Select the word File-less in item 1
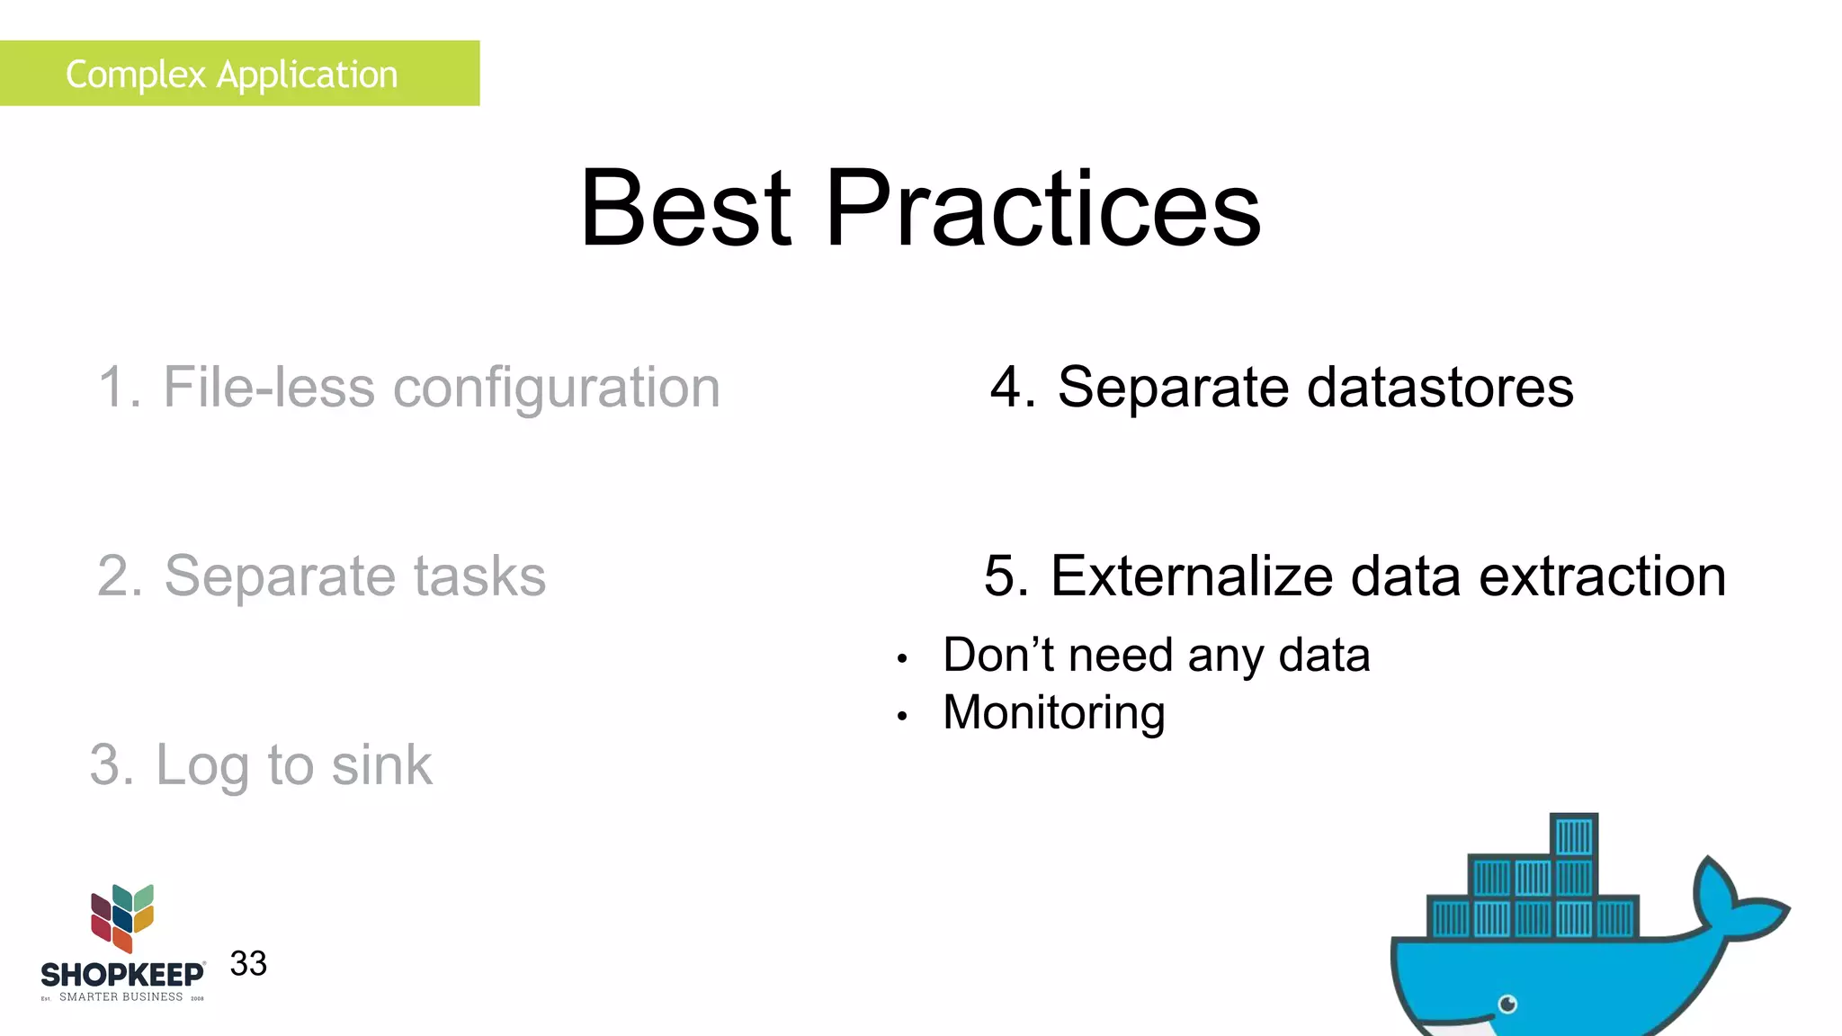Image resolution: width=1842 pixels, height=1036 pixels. [x=268, y=388]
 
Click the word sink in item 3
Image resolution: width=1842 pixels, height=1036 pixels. [x=381, y=765]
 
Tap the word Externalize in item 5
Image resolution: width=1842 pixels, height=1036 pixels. [x=1192, y=576]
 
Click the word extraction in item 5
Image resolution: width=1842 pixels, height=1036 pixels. [x=1603, y=576]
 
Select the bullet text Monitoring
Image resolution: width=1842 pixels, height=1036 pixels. [x=1053, y=713]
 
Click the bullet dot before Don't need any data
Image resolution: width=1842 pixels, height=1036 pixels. [x=902, y=659]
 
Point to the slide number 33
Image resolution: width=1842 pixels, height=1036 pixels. [x=248, y=964]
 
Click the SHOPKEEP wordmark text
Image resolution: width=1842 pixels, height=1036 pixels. [x=122, y=975]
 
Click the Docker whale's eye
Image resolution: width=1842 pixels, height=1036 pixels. [x=1508, y=1004]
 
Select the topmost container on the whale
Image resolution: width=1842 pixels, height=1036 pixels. [x=1574, y=836]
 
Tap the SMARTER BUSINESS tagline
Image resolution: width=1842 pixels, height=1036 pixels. [x=121, y=997]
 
